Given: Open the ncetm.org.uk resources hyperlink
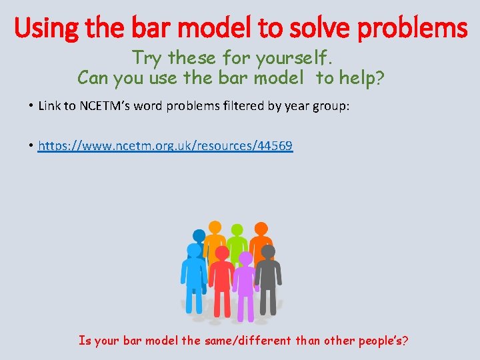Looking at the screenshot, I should tap(165, 145).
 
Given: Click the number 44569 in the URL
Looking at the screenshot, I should tap(273, 145).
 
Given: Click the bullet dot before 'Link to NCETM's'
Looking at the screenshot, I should tap(31, 105).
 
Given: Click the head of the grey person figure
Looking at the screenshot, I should tap(267, 252).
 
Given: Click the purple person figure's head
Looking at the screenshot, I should tap(245, 259).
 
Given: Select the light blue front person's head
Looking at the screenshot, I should tap(194, 250).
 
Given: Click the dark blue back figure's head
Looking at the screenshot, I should tap(199, 235).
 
